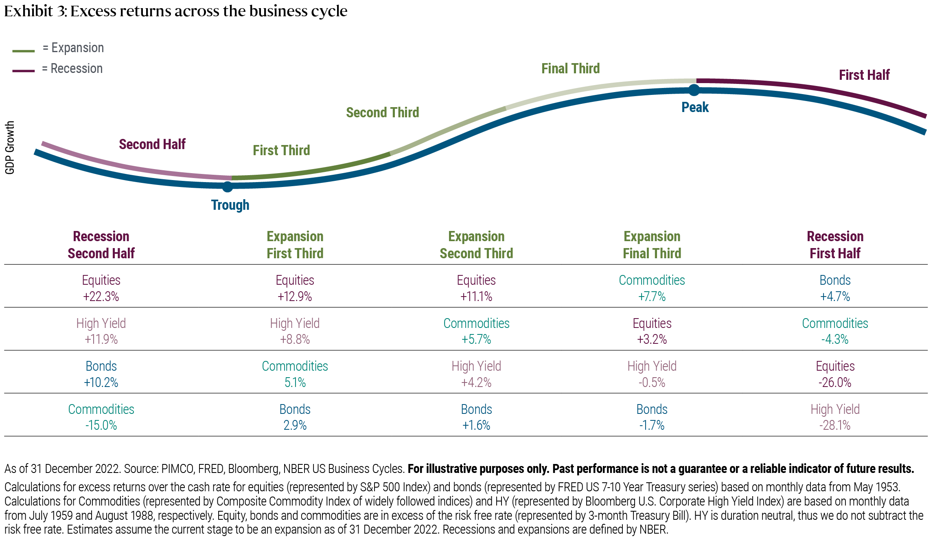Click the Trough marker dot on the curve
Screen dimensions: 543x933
(228, 187)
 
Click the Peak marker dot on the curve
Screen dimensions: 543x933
(694, 90)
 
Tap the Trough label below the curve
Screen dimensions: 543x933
(230, 205)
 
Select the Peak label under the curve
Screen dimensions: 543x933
(695, 107)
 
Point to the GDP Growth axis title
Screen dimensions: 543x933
(10, 147)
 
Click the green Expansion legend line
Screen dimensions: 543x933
(24, 51)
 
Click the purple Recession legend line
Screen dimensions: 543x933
(24, 71)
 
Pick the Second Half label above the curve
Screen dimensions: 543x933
(152, 144)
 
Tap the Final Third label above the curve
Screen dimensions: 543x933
(570, 68)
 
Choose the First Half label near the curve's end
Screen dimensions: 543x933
(864, 75)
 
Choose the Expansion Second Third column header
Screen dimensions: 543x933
(476, 245)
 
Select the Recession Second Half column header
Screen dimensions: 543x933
(101, 245)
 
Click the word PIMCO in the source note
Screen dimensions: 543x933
(177, 469)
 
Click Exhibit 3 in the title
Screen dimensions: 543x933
(35, 11)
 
